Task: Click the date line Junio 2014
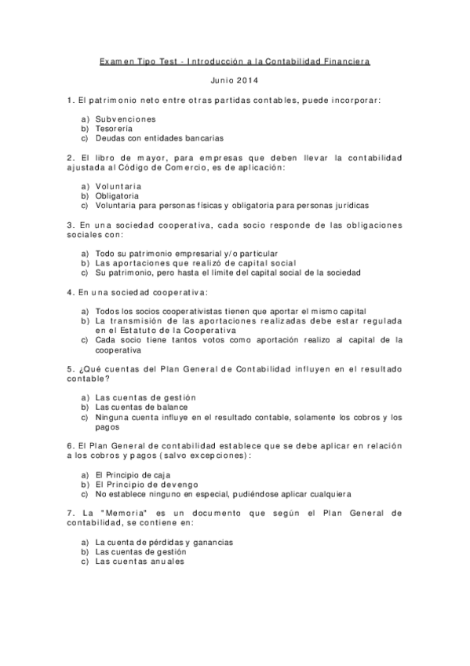pos(235,80)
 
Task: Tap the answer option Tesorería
pos(114,128)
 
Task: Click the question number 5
pos(71,368)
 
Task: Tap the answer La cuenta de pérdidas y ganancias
pos(164,542)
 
